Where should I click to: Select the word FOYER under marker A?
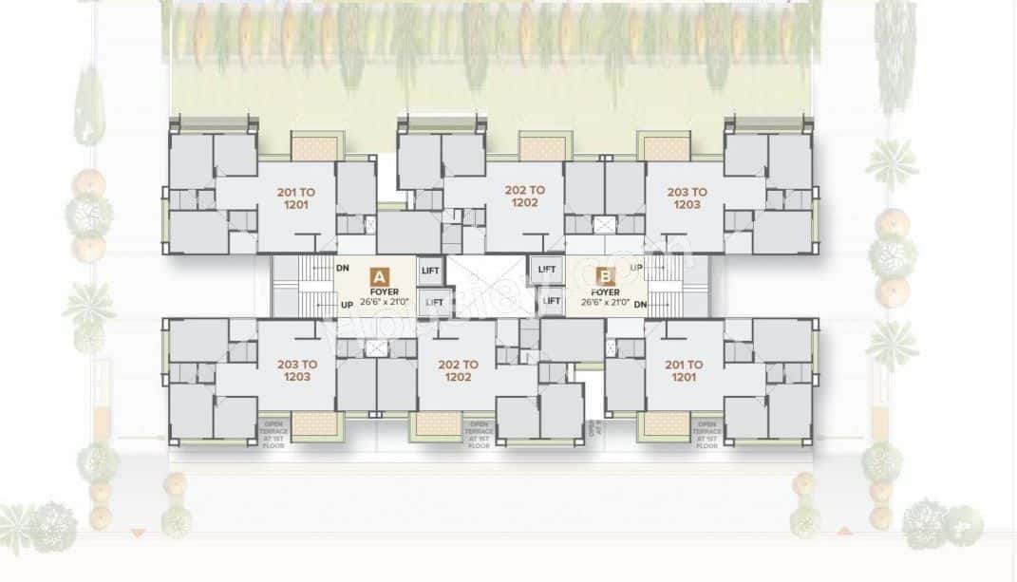379,291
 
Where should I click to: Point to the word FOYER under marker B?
604,292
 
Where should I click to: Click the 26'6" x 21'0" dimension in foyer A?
379,304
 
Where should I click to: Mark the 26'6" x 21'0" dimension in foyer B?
604,304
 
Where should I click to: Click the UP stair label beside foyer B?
636,269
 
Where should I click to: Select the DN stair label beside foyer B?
639,304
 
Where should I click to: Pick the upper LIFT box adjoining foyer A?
429,270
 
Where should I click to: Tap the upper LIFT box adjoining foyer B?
547,270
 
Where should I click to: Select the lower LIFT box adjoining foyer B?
548,302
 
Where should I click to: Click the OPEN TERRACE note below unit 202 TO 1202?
479,435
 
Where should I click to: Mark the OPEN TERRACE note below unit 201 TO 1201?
707,435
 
